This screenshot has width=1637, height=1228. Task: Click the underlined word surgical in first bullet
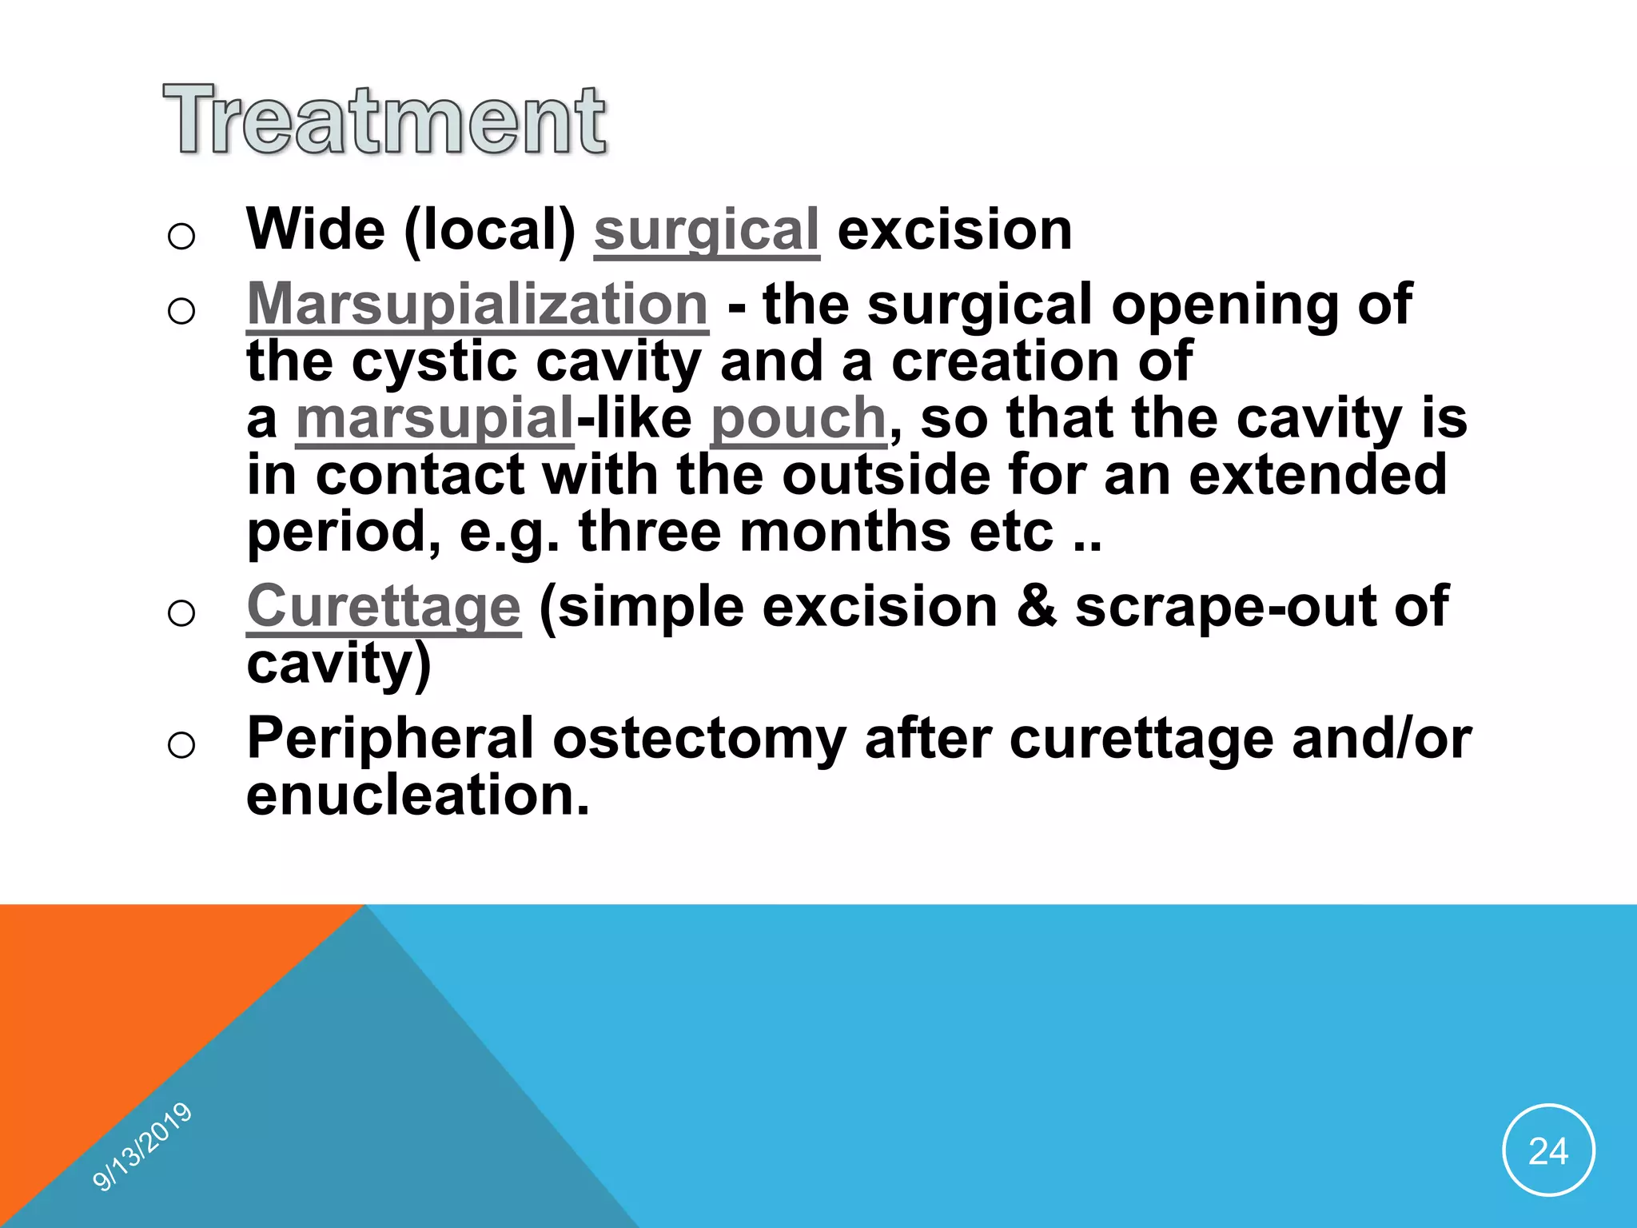click(707, 230)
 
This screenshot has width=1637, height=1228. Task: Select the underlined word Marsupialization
click(477, 305)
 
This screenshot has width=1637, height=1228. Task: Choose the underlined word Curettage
click(384, 607)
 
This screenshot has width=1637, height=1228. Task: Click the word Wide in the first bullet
click(316, 230)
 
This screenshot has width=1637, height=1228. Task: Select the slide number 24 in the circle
click(1548, 1151)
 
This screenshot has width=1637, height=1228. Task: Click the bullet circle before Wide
click(181, 236)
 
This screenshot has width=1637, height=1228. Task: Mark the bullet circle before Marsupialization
click(181, 310)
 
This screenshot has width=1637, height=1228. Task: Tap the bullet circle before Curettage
click(181, 613)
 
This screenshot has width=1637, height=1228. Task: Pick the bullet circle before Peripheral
click(181, 744)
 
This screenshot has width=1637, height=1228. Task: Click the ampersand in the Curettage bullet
click(1037, 607)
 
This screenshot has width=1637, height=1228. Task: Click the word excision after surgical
click(954, 230)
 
